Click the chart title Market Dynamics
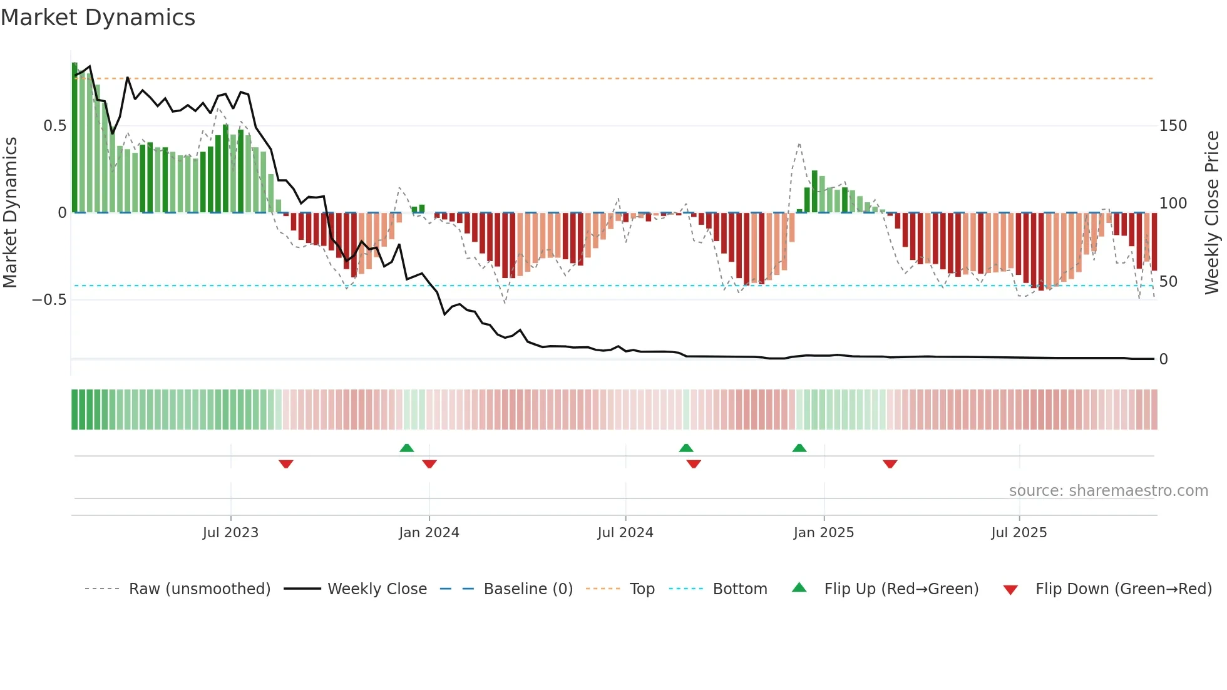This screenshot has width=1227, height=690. point(98,18)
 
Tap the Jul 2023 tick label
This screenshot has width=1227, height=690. point(230,533)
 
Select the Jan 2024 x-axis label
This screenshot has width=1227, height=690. point(429,533)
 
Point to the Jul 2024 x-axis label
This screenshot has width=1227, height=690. point(625,533)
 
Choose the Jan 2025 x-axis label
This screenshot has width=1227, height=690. point(823,533)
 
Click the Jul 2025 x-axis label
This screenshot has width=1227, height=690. point(1019,533)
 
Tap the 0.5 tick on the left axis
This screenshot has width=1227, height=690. point(54,126)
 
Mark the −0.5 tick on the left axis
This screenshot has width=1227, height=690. point(49,300)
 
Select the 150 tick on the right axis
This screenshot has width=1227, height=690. point(1173,126)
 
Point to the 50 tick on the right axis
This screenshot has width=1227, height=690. point(1168,282)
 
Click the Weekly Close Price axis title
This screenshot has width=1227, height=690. point(1213,213)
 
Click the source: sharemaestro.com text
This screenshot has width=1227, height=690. point(1108,491)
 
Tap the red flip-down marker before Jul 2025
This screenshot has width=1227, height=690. point(890,464)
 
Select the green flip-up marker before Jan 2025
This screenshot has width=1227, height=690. point(799,448)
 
